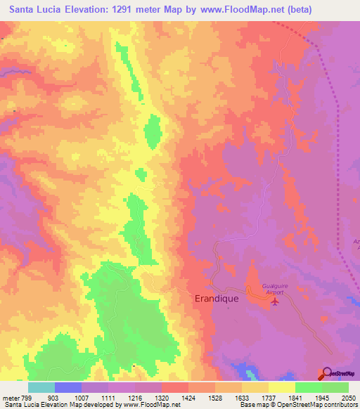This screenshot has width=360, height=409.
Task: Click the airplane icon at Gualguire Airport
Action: pyautogui.click(x=275, y=302)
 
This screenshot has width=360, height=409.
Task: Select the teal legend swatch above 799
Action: pyautogui.click(x=41, y=387)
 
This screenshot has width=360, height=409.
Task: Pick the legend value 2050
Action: pyautogui.click(x=347, y=398)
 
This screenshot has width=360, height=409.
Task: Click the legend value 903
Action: pyautogui.click(x=54, y=398)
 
